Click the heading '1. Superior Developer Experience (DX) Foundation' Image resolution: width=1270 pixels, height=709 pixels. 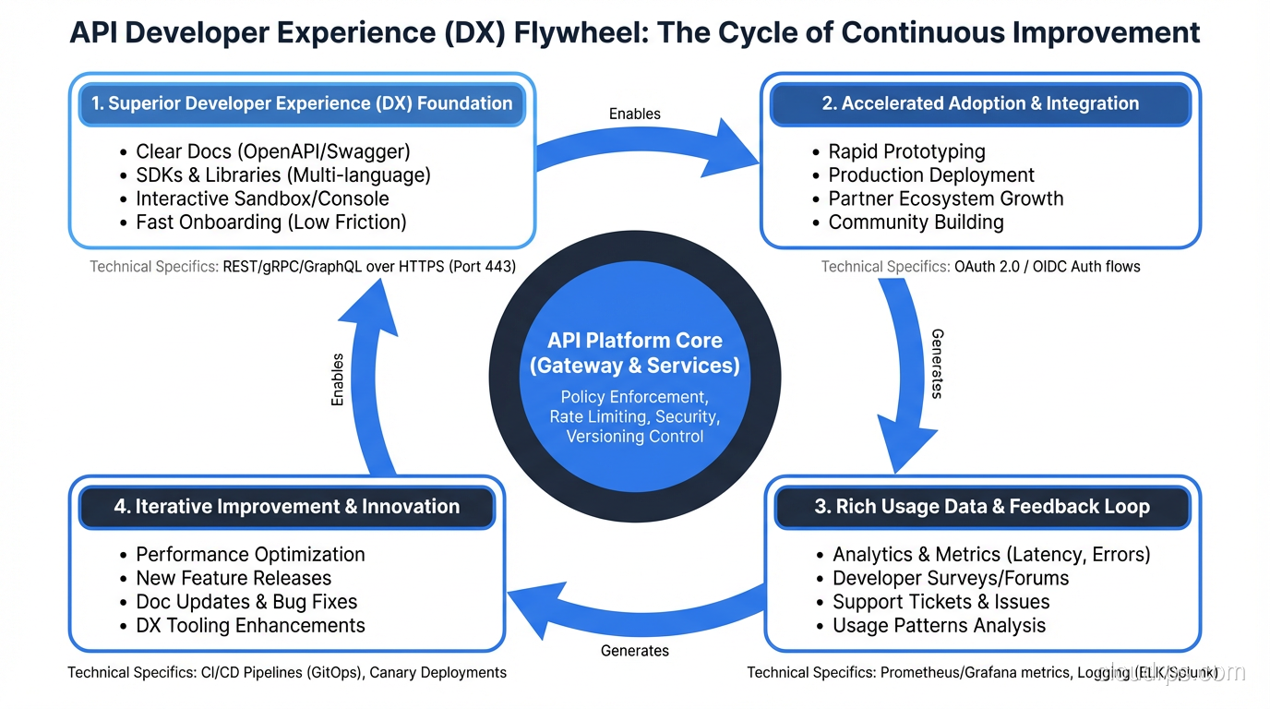[302, 103]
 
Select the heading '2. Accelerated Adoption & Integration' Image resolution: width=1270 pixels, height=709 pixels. [980, 103]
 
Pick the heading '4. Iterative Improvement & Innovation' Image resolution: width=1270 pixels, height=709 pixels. [286, 507]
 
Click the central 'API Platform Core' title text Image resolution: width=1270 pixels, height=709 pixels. [634, 340]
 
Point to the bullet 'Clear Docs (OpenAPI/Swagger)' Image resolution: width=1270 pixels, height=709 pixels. [272, 151]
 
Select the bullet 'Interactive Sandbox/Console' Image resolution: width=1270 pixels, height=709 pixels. [262, 198]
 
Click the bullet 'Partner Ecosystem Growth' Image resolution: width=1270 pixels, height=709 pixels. [945, 198]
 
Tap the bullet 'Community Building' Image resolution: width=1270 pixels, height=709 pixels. [916, 222]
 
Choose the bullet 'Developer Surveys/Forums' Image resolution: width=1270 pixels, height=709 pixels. [951, 578]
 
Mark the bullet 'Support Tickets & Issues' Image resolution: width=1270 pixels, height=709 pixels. [941, 602]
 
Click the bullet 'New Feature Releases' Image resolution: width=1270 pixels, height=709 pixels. [234, 578]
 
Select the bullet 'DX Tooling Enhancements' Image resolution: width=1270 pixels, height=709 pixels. [250, 626]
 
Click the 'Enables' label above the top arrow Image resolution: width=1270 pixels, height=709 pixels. [635, 114]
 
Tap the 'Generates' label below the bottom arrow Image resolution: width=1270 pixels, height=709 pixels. [635, 651]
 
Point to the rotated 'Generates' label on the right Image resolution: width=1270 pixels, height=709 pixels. [937, 364]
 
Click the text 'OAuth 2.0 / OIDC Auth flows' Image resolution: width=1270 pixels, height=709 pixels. [1047, 267]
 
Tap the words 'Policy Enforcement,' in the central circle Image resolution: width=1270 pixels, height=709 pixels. [634, 397]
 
